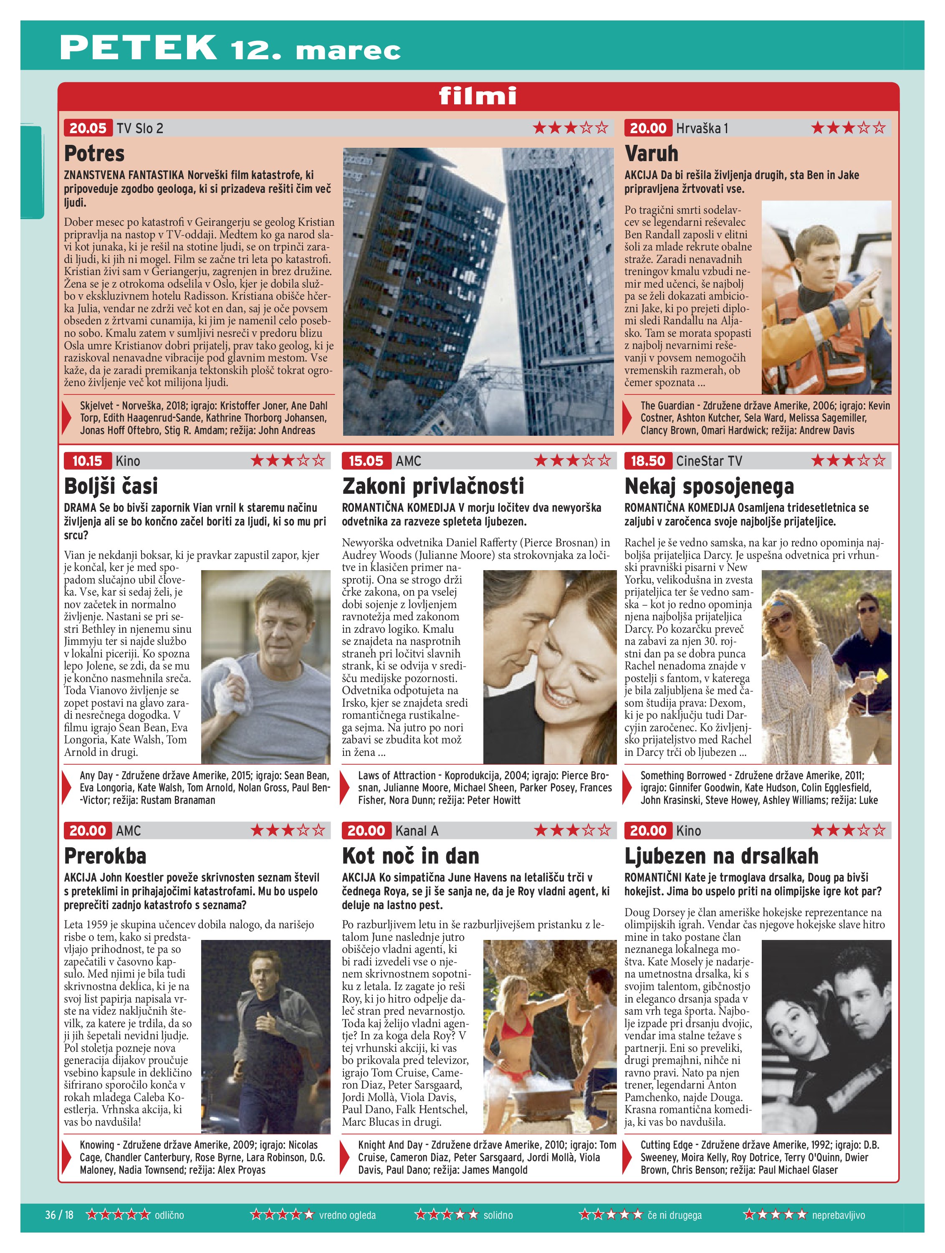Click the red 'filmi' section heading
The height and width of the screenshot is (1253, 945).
click(478, 96)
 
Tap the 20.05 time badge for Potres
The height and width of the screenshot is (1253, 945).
click(88, 128)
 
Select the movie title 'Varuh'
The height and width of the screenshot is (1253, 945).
click(651, 154)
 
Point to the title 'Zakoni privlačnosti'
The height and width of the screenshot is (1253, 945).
click(433, 486)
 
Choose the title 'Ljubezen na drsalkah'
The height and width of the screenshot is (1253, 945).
click(721, 856)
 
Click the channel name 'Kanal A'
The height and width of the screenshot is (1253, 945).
click(417, 831)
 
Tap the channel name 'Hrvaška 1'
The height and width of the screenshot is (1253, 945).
click(701, 128)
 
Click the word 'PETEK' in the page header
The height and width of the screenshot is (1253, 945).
click(138, 48)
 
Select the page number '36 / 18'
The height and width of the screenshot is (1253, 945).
click(60, 1215)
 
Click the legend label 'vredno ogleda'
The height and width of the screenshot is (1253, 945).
click(347, 1215)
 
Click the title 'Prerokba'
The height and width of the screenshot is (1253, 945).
click(105, 856)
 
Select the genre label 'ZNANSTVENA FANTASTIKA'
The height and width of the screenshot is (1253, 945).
click(124, 175)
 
